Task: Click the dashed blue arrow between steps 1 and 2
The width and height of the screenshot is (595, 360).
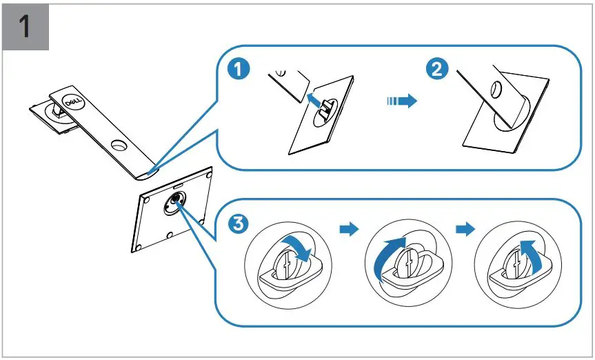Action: tap(401, 101)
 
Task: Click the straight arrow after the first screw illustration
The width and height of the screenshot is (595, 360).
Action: tap(350, 229)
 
